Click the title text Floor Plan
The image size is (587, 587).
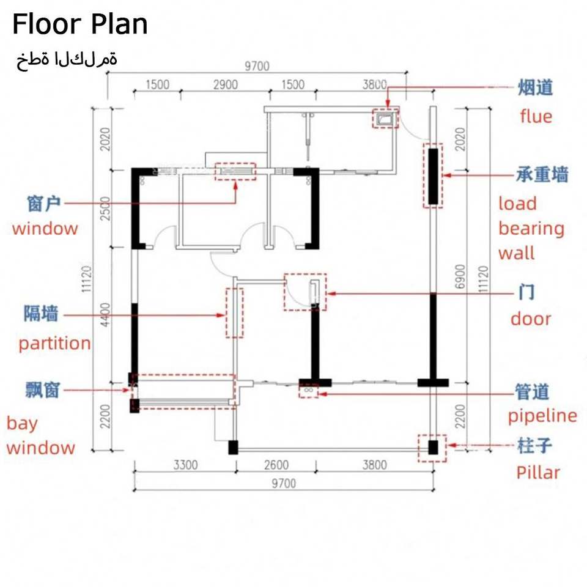click(80, 24)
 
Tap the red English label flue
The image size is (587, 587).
click(536, 116)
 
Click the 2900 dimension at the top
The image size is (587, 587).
click(225, 85)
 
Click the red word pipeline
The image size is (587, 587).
click(542, 416)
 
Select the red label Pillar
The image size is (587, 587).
click(538, 472)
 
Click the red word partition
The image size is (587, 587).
click(54, 343)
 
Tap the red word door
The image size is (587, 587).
click(531, 319)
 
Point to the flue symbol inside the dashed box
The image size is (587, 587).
click(385, 118)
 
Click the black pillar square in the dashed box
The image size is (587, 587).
click(433, 448)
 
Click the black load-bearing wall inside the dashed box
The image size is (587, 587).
click(433, 176)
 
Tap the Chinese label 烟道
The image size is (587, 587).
click(536, 87)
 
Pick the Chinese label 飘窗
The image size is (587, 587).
click(43, 389)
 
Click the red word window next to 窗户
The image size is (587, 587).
click(45, 229)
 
